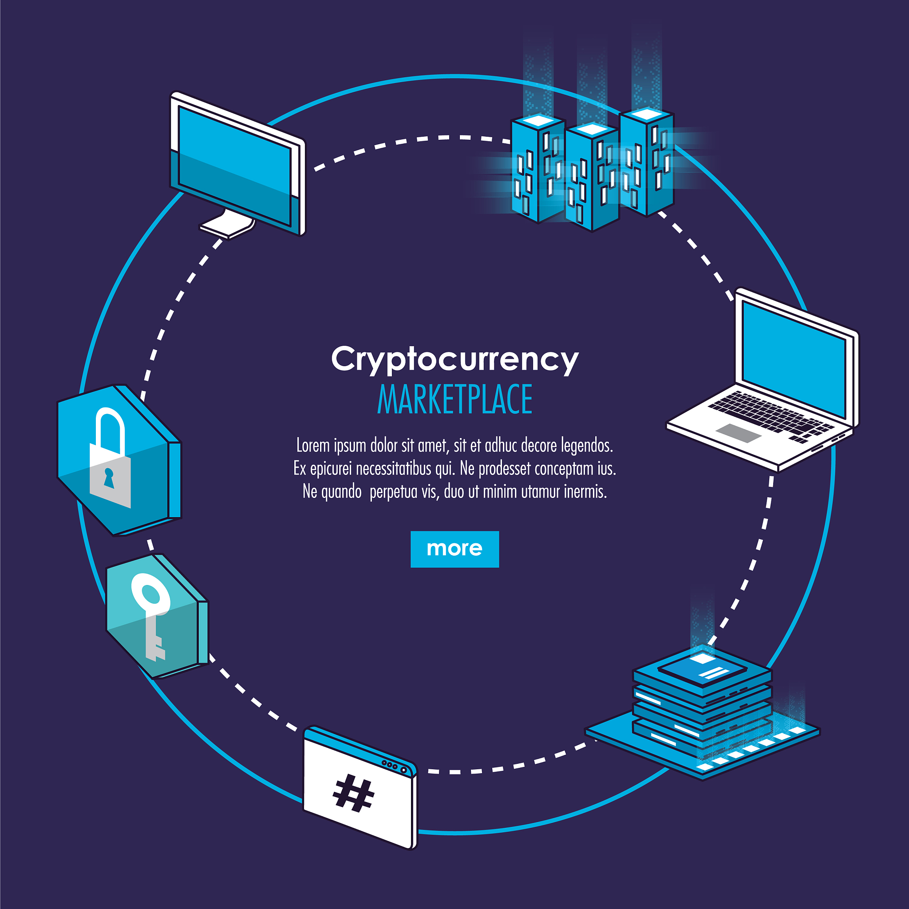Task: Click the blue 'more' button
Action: coord(454,549)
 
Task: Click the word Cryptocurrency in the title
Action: coord(455,360)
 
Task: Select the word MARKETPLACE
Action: coord(454,399)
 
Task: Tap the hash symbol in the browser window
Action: coord(353,793)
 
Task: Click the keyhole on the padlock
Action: coord(109,478)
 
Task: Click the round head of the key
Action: coord(150,594)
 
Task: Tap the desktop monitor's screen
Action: coord(235,166)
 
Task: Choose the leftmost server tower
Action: coord(538,168)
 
